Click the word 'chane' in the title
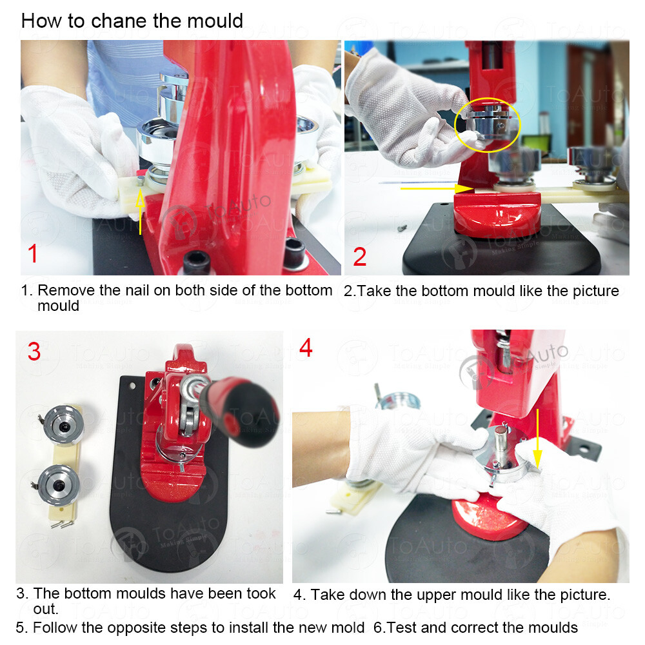pos(119,21)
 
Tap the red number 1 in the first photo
pos(34,253)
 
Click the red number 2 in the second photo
pos(360,256)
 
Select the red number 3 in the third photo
pos(34,352)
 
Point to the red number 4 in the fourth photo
pos(306,348)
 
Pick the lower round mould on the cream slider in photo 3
pos(59,485)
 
